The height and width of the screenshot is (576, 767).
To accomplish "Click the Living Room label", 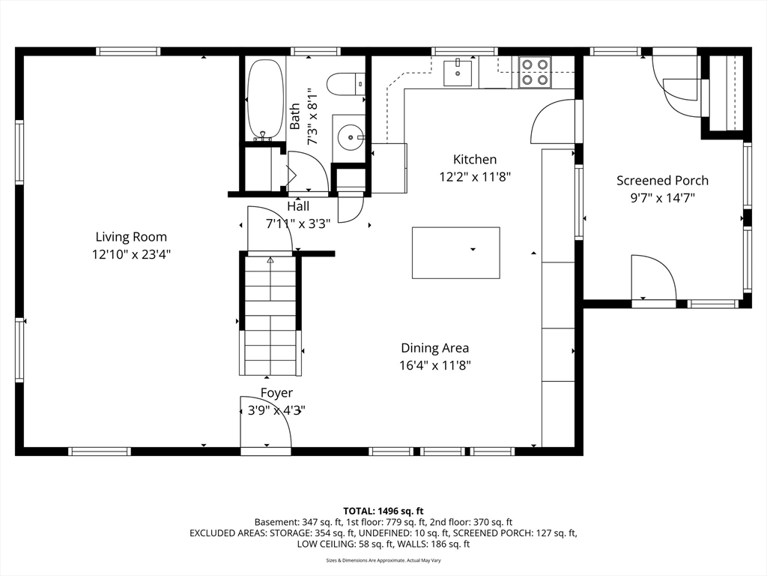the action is (x=131, y=237).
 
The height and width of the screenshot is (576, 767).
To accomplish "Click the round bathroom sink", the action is (x=351, y=137).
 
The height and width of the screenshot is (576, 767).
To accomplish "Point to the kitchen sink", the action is (x=458, y=73).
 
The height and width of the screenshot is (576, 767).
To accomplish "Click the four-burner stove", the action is (x=535, y=72).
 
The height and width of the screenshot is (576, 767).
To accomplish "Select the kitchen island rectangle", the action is (x=456, y=253).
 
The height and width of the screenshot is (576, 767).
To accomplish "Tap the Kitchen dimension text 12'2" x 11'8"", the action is (x=475, y=176).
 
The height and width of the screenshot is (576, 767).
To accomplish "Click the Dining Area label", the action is (x=435, y=348).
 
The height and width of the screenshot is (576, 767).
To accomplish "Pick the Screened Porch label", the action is (x=662, y=180).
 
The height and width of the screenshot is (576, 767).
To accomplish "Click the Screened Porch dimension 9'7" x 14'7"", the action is (x=662, y=198).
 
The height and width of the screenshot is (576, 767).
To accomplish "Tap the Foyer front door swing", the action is (x=266, y=421).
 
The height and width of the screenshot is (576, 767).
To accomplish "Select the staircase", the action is (x=270, y=316).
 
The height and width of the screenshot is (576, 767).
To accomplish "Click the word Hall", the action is (x=298, y=206).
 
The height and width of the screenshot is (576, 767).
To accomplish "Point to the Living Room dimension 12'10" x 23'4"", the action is (x=131, y=254).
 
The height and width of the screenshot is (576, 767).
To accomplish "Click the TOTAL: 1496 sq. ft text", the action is (x=383, y=511).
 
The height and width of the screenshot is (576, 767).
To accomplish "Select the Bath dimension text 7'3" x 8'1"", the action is (x=312, y=116).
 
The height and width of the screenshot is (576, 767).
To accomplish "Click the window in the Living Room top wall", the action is (x=128, y=51).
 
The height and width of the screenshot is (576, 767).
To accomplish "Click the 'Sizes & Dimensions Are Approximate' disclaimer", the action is (x=383, y=560).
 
